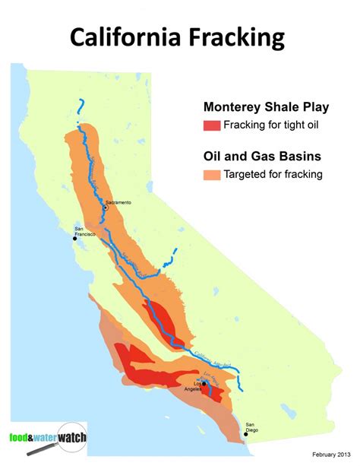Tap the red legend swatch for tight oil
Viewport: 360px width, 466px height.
pyautogui.click(x=212, y=125)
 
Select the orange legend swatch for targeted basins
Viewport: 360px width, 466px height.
pyautogui.click(x=212, y=174)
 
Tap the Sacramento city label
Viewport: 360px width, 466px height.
pyautogui.click(x=119, y=202)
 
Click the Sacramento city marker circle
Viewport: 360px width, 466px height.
pyautogui.click(x=105, y=208)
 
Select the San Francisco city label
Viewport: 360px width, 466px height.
pyautogui.click(x=85, y=231)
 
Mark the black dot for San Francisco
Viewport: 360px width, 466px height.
pyautogui.click(x=74, y=239)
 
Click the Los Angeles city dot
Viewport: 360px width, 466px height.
pyautogui.click(x=204, y=384)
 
